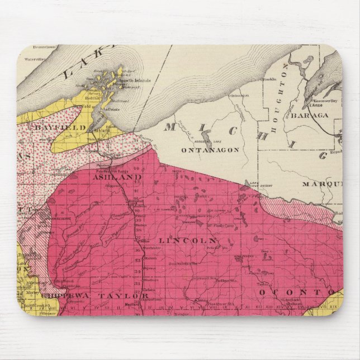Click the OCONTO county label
(x=280, y=292)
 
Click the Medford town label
(x=130, y=304)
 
